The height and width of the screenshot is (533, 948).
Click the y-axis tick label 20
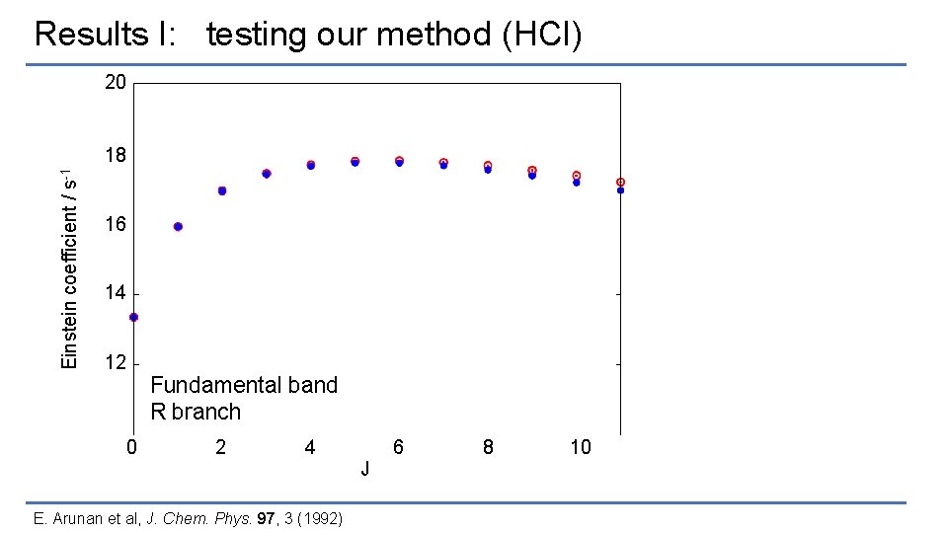116,83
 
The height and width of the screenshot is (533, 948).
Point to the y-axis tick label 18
116,156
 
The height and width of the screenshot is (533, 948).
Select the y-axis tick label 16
116,225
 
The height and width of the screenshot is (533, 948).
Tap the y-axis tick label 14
116,294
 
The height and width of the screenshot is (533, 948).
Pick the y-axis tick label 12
116,363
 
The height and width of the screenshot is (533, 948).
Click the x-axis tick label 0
132,448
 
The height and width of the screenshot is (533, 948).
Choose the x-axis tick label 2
221,448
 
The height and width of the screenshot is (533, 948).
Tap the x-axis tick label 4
310,448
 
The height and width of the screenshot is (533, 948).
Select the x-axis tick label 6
398,448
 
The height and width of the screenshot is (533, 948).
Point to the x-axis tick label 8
488,448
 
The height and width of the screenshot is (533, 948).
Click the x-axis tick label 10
581,448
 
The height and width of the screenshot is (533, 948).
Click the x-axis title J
365,469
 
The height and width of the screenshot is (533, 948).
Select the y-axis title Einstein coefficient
69,266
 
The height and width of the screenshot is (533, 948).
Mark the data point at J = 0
133,318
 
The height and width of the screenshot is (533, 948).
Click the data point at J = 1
178,227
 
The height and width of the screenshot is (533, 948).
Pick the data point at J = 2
222,190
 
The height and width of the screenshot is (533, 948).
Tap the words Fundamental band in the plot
244,385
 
